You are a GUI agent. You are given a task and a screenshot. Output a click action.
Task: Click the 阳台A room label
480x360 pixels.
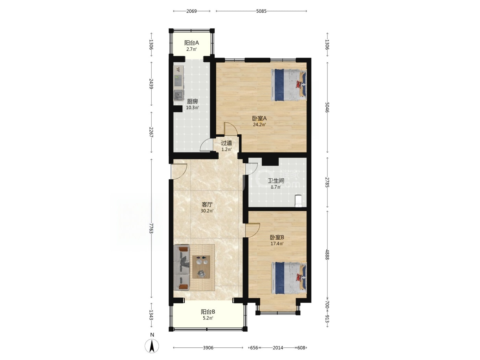click(191, 43)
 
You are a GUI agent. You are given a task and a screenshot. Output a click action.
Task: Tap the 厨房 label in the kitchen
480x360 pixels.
click(192, 101)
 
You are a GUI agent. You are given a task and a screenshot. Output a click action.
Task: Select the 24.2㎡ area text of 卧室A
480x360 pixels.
click(259, 125)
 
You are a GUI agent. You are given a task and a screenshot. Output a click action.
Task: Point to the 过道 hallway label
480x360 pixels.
click(226, 143)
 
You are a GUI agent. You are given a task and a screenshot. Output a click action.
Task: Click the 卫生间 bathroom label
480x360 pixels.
click(276, 181)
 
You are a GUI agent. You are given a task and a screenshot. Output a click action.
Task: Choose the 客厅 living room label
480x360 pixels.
click(207, 205)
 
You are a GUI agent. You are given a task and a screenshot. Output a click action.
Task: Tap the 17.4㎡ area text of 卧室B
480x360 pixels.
click(277, 244)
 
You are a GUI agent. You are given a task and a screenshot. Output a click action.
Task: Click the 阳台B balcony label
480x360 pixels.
click(208, 312)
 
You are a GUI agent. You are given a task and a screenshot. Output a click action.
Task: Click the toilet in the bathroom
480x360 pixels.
click(298, 201)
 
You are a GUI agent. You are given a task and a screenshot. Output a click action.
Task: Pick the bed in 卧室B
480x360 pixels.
click(289, 278)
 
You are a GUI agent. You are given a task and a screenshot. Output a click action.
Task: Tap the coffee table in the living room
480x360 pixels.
click(201, 267)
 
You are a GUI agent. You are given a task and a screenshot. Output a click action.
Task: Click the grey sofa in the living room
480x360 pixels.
click(182, 267)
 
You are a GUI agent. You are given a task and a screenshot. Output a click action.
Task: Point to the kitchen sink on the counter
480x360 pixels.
click(179, 96)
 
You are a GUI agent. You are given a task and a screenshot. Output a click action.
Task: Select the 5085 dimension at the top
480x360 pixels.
click(261, 11)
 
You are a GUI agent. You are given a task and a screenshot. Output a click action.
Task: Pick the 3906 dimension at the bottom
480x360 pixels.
click(208, 348)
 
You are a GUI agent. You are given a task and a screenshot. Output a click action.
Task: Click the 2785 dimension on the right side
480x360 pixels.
click(327, 182)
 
